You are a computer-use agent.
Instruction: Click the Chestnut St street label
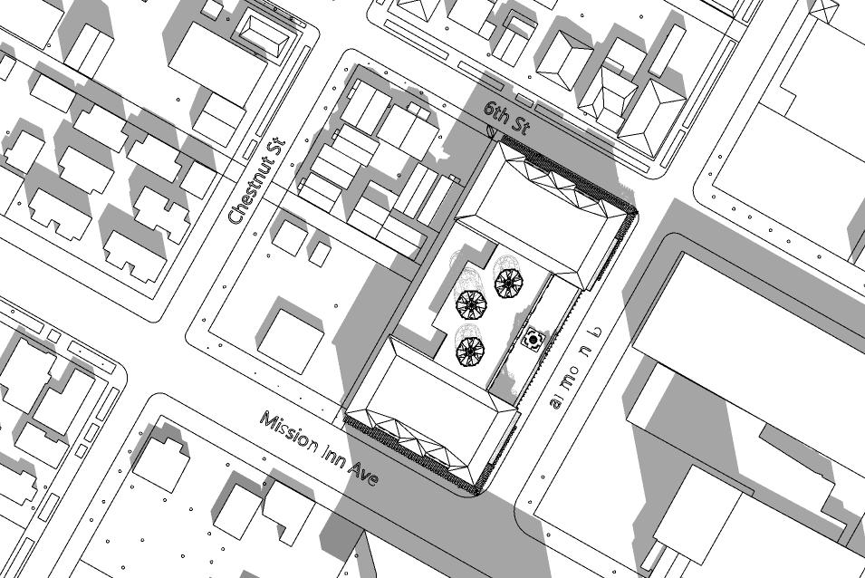click(x=257, y=181)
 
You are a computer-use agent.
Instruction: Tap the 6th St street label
click(x=505, y=118)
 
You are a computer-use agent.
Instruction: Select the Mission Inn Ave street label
click(x=318, y=448)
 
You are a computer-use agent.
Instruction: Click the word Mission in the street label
click(x=288, y=433)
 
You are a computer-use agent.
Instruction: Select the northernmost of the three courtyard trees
click(x=507, y=283)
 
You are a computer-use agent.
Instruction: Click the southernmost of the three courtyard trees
click(x=469, y=351)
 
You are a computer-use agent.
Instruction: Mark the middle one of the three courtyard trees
click(x=471, y=304)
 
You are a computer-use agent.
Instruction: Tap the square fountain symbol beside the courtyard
click(x=533, y=340)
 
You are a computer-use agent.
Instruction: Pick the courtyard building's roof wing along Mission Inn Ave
click(x=429, y=408)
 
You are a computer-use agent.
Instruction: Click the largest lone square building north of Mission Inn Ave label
click(x=290, y=340)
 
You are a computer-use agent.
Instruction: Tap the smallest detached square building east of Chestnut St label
click(x=319, y=253)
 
